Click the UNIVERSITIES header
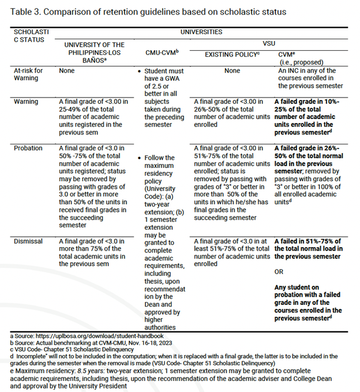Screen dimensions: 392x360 pos(201,32)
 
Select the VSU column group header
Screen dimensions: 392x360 pos(269,43)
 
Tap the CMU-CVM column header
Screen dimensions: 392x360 pos(162,52)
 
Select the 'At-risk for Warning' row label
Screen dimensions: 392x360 pos(28,74)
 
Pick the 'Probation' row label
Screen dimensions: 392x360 pos(28,148)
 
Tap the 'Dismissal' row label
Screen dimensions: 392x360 pos(28,241)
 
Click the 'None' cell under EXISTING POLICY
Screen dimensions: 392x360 pos(232,71)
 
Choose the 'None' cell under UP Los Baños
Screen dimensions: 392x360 pos(67,71)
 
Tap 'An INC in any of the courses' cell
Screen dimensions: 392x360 pos(310,78)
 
